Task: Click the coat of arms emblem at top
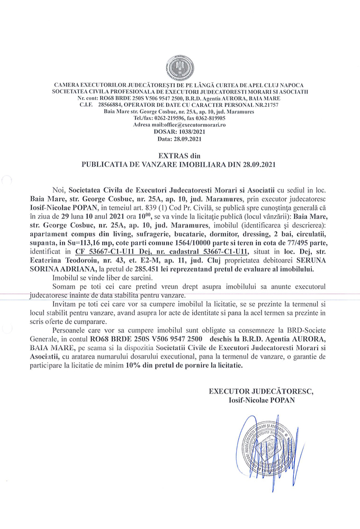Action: (179, 68)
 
